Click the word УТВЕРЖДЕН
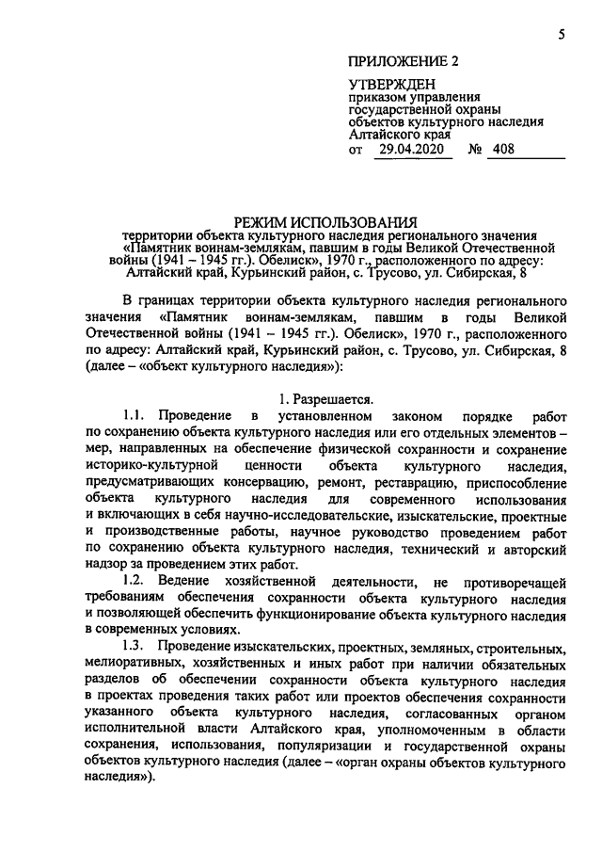393,86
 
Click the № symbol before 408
476,149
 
